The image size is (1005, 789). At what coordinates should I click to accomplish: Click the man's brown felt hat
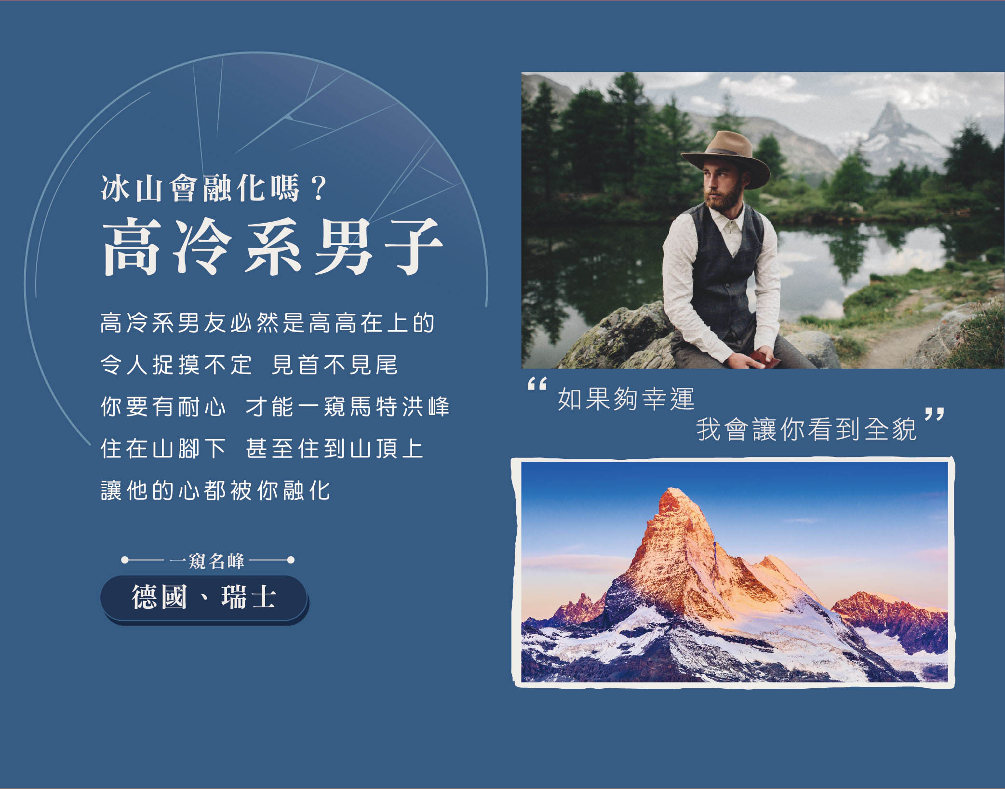[x=725, y=157]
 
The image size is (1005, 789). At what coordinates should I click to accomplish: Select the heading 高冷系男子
[x=272, y=246]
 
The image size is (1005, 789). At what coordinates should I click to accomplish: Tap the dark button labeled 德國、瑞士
[x=204, y=598]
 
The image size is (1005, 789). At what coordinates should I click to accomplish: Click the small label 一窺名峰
[x=208, y=561]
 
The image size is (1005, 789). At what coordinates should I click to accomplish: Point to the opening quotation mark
[x=537, y=384]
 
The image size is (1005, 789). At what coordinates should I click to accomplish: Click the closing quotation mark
[x=934, y=414]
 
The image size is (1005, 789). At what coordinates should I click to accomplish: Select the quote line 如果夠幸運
[x=626, y=399]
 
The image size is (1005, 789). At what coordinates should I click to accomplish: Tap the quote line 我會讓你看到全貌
[x=806, y=429]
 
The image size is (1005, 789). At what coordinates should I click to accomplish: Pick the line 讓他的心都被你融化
[x=215, y=490]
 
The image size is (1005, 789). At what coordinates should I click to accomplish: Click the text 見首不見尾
[x=335, y=364]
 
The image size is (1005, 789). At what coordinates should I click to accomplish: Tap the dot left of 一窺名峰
[x=125, y=560]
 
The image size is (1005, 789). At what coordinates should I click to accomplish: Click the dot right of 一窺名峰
[x=291, y=560]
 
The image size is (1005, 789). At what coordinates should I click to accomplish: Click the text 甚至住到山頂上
[x=335, y=448]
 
